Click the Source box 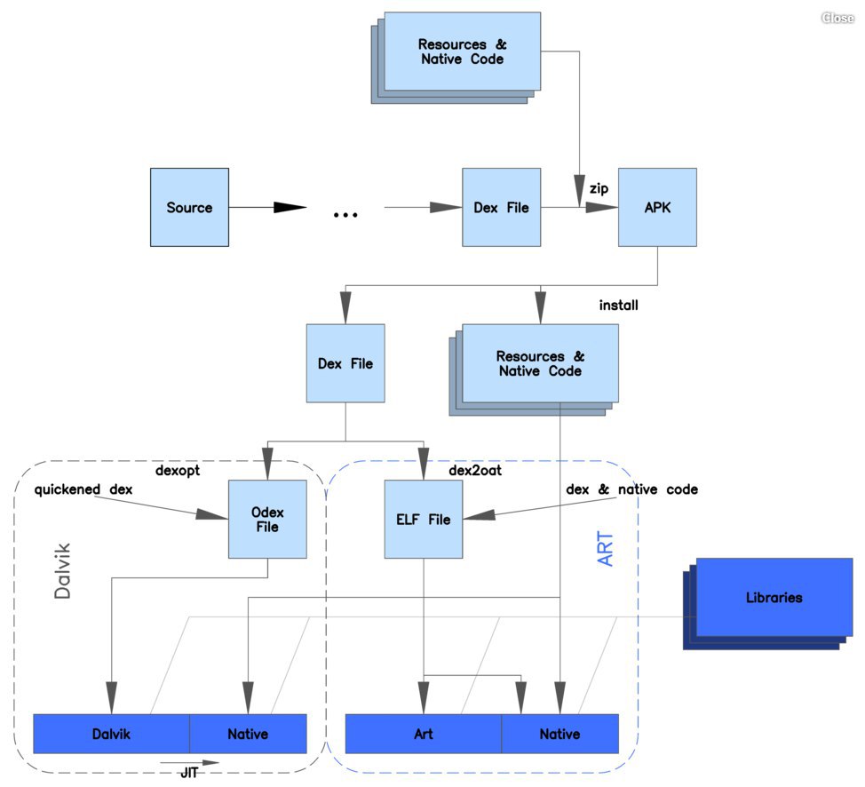189,207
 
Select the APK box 657,207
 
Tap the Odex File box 267,519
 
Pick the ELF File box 423,519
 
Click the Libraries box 774,597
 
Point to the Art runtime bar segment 423,734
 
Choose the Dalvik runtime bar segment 111,734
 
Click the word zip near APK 599,188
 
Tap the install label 618,306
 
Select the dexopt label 177,471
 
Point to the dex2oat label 475,470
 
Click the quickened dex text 83,489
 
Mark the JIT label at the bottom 189,773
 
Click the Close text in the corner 837,18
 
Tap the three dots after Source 345,215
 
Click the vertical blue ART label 605,549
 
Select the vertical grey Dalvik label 62,571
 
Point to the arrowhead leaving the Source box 290,208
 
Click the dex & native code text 631,489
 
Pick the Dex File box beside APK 502,207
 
